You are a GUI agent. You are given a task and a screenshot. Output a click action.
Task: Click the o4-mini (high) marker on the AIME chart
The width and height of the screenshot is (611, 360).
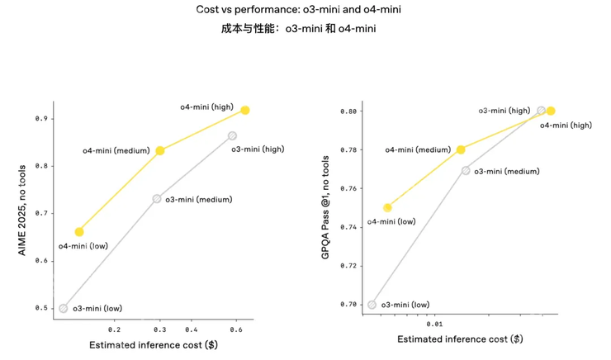tap(245, 110)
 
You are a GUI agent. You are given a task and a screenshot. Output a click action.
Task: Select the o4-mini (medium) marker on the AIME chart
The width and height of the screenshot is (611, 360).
tap(160, 150)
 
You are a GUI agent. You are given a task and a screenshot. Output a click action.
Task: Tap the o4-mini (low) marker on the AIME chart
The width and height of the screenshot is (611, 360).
tap(79, 232)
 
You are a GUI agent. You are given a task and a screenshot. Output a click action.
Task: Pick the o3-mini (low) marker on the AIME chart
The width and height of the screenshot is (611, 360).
tap(64, 308)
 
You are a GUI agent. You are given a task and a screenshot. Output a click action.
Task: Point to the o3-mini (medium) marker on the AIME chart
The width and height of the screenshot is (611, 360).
tap(157, 199)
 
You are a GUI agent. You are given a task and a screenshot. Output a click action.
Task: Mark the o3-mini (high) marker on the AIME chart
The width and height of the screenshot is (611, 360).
tap(233, 135)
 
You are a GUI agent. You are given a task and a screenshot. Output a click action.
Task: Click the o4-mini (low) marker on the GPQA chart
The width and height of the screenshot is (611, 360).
tap(387, 207)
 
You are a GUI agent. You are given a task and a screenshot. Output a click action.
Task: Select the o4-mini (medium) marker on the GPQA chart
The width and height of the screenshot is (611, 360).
tap(461, 149)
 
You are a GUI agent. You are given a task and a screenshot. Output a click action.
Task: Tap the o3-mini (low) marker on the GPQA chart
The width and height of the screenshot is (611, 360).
tap(372, 305)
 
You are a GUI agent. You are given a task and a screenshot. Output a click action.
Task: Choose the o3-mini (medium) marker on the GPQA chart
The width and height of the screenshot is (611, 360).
tap(466, 171)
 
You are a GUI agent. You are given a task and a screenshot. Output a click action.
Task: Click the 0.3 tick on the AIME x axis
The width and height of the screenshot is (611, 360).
tap(159, 328)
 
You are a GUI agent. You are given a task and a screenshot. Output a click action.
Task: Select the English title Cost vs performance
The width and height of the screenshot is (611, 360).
tap(305, 10)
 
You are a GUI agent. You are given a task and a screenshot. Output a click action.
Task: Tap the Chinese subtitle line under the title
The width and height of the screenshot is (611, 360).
tap(305, 29)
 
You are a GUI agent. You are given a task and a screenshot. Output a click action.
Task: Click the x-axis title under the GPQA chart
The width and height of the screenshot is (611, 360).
tap(460, 339)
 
